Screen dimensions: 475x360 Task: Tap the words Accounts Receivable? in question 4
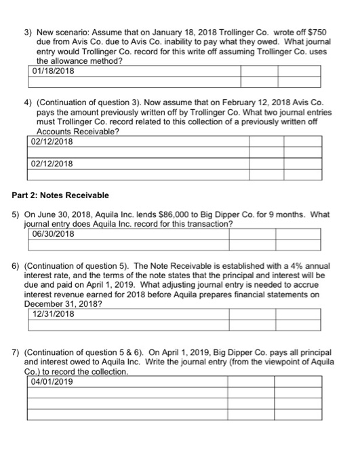(76, 132)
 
